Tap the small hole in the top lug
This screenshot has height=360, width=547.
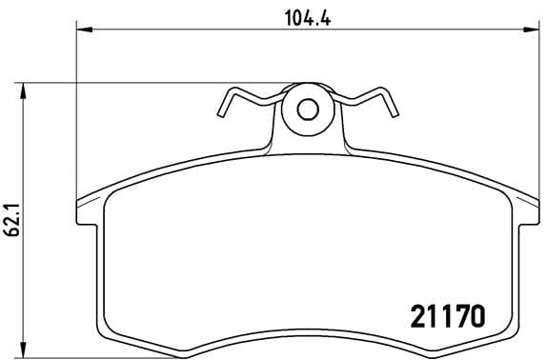[307, 109]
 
